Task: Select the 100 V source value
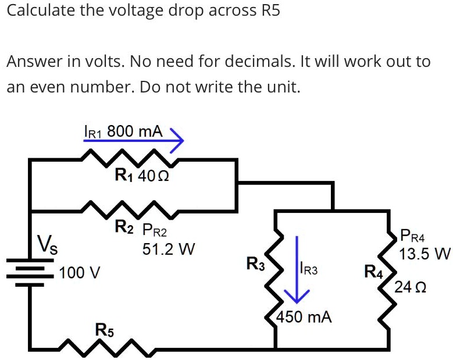[79, 272]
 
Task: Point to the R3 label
[256, 264]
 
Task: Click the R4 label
[373, 271]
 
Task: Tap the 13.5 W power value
[425, 254]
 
